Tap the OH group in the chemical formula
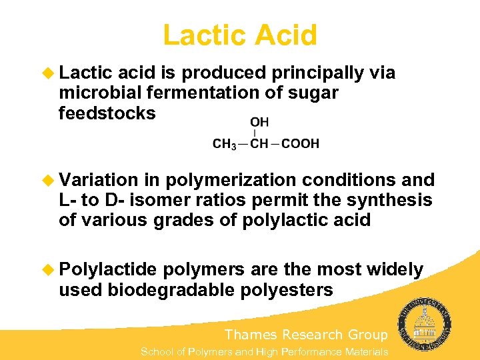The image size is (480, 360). click(260, 123)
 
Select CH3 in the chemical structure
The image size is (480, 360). click(225, 143)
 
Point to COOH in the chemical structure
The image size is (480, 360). click(301, 143)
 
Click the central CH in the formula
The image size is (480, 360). click(260, 143)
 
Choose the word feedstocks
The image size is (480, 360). click(107, 113)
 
